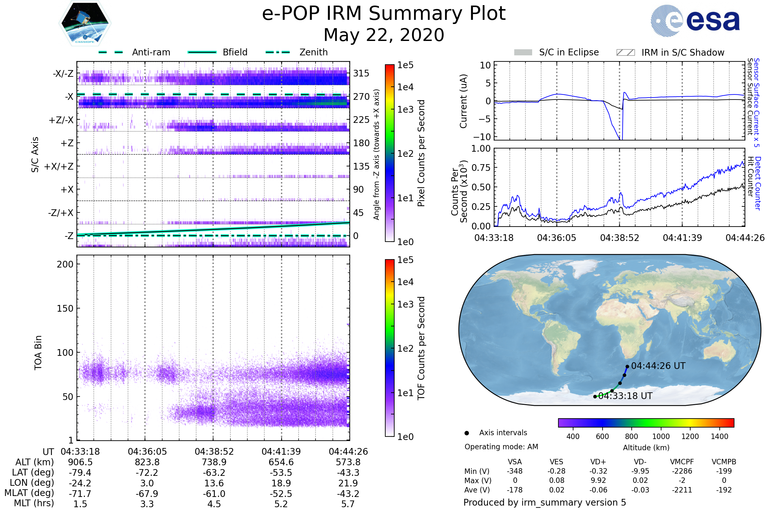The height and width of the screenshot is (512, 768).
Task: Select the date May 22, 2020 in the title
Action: [x=384, y=35]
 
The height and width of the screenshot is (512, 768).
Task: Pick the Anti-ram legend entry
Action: [x=151, y=52]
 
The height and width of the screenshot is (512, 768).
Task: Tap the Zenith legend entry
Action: [x=313, y=52]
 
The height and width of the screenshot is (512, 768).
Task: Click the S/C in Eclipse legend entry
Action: [x=569, y=52]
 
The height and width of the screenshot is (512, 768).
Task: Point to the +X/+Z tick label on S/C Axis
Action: [x=59, y=166]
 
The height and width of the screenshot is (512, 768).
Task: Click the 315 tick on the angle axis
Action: [x=361, y=73]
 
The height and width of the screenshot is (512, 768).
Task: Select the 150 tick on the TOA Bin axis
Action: [x=65, y=308]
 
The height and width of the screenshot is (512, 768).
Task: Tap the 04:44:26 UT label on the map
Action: [x=658, y=366]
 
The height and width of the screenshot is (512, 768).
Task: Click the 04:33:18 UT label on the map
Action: [x=625, y=396]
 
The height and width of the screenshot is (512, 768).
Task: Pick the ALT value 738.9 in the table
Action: [x=214, y=462]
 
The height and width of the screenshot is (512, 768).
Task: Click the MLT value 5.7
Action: [x=348, y=504]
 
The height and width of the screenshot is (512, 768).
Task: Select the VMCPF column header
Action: [x=682, y=462]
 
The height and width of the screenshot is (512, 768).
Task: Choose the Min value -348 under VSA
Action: [x=515, y=471]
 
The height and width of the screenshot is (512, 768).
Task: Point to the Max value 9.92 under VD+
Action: [x=598, y=480]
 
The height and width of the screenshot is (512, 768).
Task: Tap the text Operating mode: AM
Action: [x=501, y=447]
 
